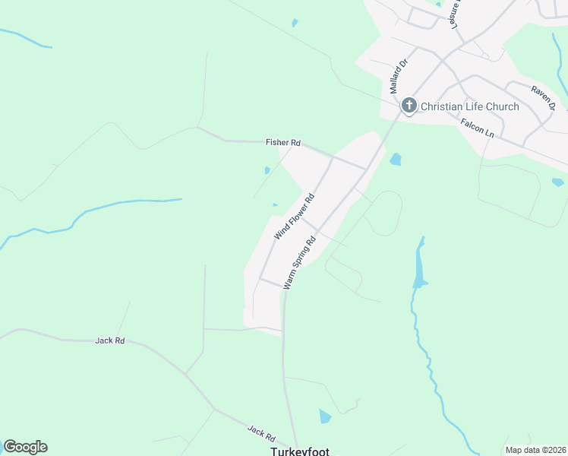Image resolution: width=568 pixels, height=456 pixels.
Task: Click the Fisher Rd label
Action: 283,142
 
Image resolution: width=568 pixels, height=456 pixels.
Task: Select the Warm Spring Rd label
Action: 299,263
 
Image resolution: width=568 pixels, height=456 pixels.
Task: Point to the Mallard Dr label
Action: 394,77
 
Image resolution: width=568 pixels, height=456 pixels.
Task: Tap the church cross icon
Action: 409,106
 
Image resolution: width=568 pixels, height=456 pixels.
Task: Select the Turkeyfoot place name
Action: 300,451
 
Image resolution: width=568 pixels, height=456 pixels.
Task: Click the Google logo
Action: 25,447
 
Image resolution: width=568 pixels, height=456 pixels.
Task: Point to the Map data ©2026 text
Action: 535,450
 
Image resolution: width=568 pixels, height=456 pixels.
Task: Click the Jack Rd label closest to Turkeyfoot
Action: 260,432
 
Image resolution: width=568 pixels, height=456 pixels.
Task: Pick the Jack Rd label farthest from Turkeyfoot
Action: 110,340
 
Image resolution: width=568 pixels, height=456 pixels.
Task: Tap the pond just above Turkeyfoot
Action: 325,416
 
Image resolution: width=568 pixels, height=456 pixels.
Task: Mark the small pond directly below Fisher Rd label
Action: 267,170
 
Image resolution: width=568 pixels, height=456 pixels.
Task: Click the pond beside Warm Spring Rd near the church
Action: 395,160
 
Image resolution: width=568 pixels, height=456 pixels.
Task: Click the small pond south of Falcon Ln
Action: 558,182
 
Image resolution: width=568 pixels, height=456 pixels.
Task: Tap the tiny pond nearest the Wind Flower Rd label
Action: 275,204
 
